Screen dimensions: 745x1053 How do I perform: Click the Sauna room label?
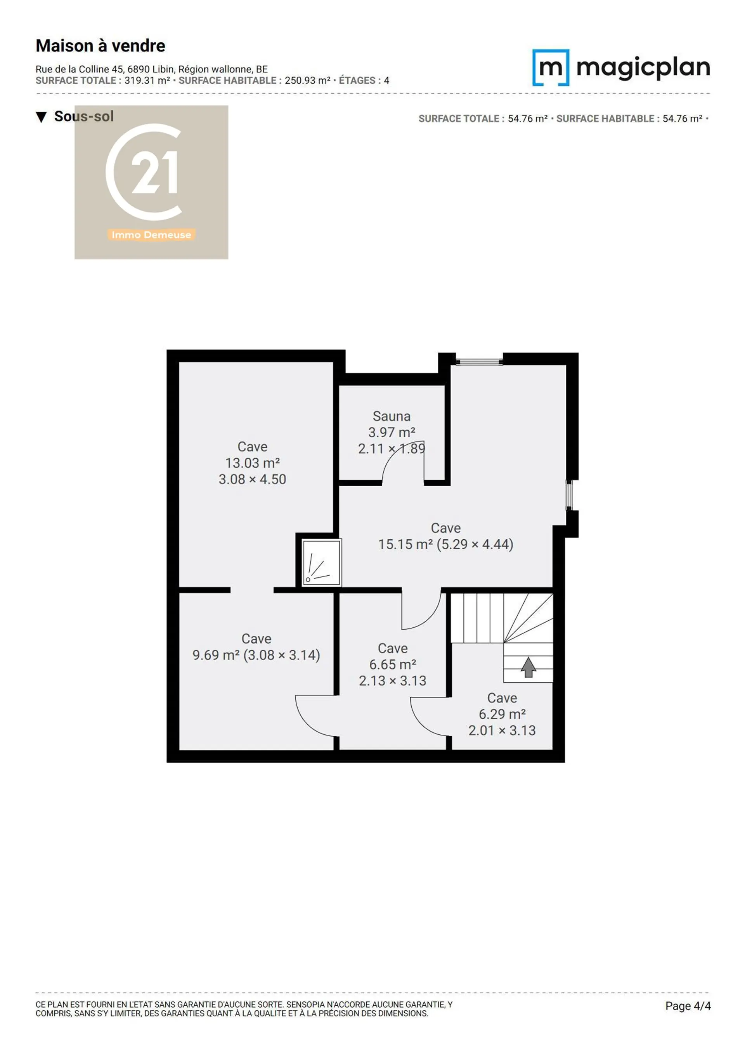click(391, 416)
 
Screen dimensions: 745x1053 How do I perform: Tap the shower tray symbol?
click(321, 562)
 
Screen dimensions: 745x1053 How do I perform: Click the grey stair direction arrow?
click(528, 667)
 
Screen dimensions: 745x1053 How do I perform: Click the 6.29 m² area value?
click(502, 714)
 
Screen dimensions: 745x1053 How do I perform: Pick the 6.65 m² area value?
click(392, 664)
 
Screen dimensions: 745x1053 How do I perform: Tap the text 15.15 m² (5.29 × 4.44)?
click(445, 544)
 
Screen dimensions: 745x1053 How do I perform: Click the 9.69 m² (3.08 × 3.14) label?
click(256, 655)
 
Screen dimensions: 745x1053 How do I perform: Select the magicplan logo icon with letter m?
click(550, 67)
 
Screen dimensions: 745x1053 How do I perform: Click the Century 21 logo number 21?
click(154, 172)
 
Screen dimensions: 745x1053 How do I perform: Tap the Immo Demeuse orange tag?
click(151, 235)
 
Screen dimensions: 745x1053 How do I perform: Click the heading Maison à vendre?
click(100, 46)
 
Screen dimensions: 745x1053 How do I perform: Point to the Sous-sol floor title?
click(84, 116)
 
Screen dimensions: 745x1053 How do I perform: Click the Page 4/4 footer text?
click(688, 1006)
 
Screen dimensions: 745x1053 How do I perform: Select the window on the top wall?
click(479, 362)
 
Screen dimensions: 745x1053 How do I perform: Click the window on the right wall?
click(569, 495)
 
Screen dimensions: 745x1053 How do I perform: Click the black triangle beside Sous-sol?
click(41, 117)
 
